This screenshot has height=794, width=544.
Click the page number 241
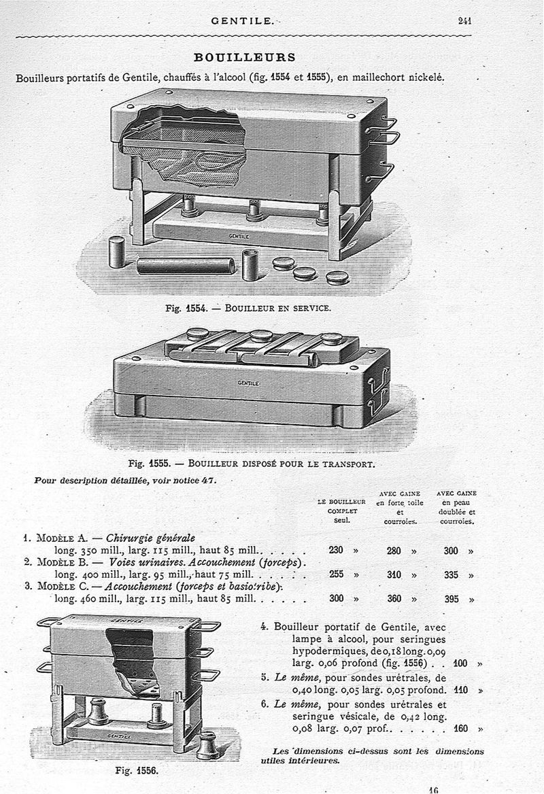[x=465, y=20]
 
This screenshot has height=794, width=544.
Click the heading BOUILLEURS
[x=245, y=57]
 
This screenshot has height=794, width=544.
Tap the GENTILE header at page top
[x=242, y=21]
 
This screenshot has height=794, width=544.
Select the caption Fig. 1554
[x=182, y=308]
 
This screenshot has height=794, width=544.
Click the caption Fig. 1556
[x=137, y=772]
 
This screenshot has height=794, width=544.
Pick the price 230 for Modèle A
[x=336, y=551]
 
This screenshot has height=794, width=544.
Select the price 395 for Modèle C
[x=452, y=600]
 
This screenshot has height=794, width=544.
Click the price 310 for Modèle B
[x=394, y=575]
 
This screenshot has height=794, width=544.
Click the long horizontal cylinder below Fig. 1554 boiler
[x=185, y=265]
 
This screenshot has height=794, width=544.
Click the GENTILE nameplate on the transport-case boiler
[x=248, y=383]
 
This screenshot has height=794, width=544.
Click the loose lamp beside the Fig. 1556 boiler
[x=207, y=746]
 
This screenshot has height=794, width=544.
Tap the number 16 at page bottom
[x=433, y=789]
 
